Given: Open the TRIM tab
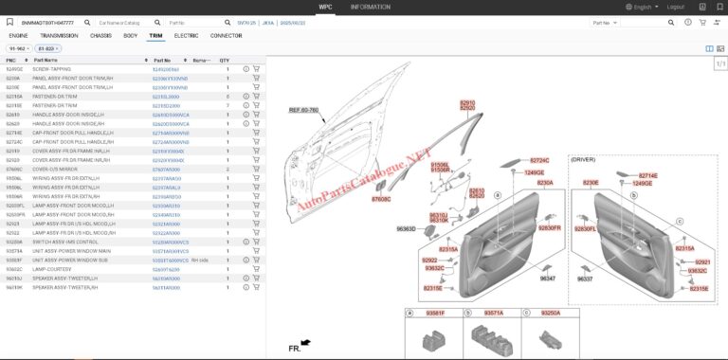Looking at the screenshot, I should (x=155, y=35).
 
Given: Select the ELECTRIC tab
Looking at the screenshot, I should (x=186, y=35).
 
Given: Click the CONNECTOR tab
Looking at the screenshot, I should (x=226, y=35).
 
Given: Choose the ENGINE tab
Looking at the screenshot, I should (x=18, y=35).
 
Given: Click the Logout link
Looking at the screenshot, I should (x=675, y=7).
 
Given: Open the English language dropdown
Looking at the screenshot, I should (x=642, y=7).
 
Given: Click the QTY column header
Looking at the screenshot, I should (x=225, y=60).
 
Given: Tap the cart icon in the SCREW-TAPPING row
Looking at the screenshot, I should (x=256, y=69).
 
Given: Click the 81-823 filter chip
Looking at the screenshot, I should (x=46, y=47).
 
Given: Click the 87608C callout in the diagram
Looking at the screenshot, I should (x=380, y=199).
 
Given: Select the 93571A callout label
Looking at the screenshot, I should (x=494, y=313).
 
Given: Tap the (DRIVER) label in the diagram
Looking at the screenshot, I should (x=583, y=159).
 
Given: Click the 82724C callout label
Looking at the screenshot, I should (x=539, y=161).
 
